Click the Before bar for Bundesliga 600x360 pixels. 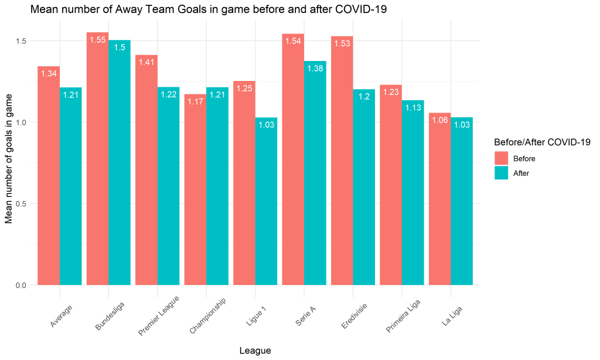[98, 158]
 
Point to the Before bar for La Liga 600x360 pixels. [440, 199]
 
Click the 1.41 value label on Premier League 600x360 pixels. [146, 63]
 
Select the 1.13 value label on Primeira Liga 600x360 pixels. [413, 108]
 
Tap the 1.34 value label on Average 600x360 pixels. [49, 74]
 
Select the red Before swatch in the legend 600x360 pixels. [501, 158]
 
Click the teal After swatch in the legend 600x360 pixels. [501, 173]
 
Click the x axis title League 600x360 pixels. [255, 351]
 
